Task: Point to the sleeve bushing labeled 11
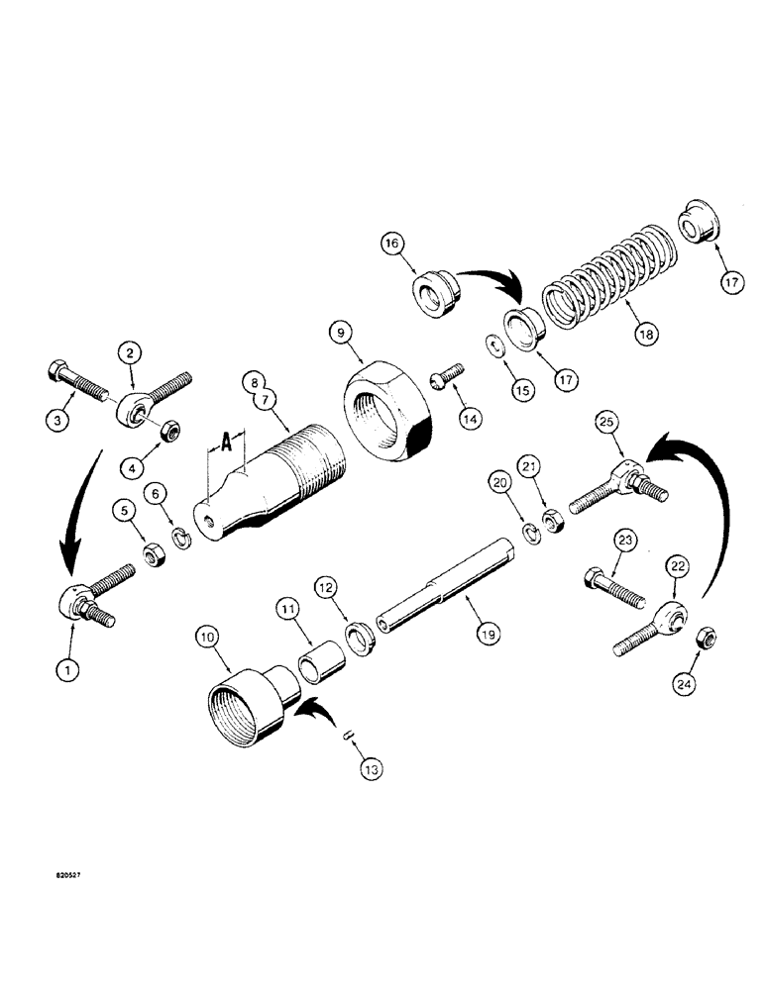click(317, 654)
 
